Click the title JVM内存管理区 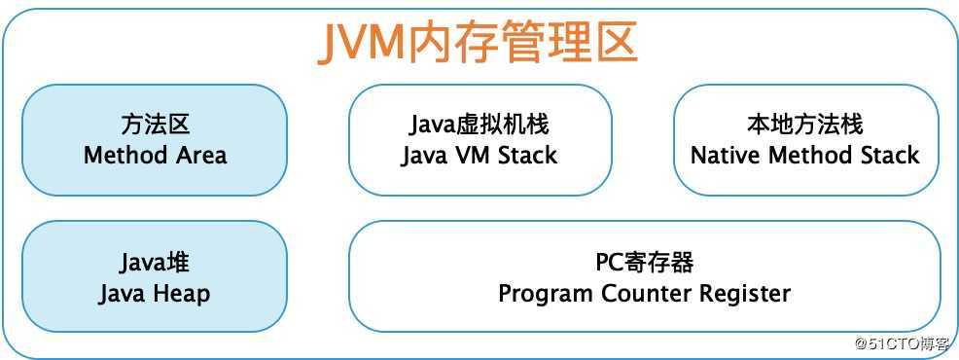pyautogui.click(x=478, y=44)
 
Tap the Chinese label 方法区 pyautogui.click(x=155, y=126)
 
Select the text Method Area pyautogui.click(x=155, y=155)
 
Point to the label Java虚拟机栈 pyautogui.click(x=479, y=126)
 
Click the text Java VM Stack pyautogui.click(x=479, y=155)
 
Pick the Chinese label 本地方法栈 pyautogui.click(x=804, y=126)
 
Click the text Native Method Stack pyautogui.click(x=804, y=155)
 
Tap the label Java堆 pyautogui.click(x=155, y=263)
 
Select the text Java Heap pyautogui.click(x=155, y=293)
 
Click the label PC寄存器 pyautogui.click(x=644, y=263)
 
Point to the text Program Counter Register pyautogui.click(x=644, y=293)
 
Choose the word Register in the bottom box pyautogui.click(x=747, y=293)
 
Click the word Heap pyautogui.click(x=184, y=293)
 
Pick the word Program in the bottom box pyautogui.click(x=542, y=293)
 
